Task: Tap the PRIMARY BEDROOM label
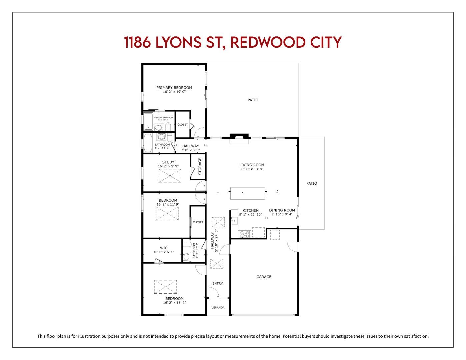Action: [174, 88]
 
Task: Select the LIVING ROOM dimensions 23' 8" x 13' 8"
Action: [252, 169]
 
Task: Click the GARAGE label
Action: [264, 277]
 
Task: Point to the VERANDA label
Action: [218, 307]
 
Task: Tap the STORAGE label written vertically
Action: [200, 166]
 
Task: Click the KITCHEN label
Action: [250, 210]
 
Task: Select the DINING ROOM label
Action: [282, 210]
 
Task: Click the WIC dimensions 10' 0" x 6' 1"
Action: [164, 252]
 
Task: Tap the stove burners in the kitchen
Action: [245, 234]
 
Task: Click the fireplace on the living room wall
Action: [239, 139]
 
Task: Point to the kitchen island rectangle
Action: [248, 193]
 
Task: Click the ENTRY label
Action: [217, 283]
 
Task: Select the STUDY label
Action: [168, 162]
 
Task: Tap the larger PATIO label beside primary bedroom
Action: [253, 100]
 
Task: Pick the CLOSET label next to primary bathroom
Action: [183, 125]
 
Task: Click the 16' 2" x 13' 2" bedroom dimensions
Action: [174, 303]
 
